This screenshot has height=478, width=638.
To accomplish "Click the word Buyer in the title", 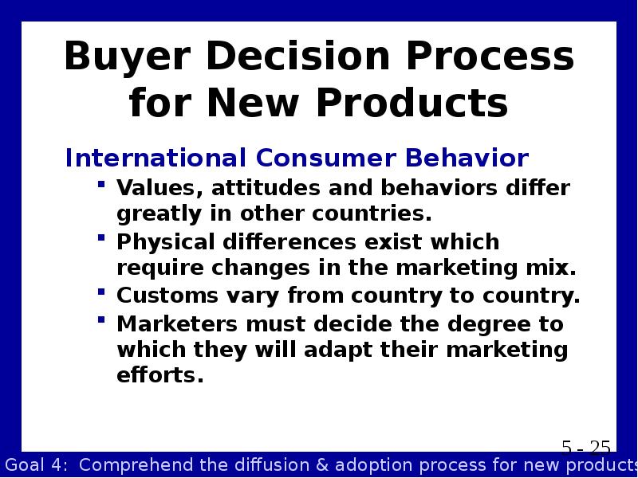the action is click(x=128, y=57).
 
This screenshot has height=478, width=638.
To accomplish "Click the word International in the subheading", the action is click(x=156, y=158).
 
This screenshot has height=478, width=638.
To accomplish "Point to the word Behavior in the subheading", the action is click(x=467, y=158).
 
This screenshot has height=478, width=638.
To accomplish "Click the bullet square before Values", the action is click(x=101, y=185).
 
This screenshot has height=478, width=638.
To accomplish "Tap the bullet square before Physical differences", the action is click(x=101, y=237).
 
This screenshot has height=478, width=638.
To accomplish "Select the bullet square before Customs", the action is click(x=101, y=292).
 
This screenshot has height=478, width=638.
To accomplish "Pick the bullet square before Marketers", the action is click(x=101, y=319).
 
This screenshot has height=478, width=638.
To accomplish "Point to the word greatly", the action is click(x=159, y=214).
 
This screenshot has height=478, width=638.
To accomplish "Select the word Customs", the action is click(x=167, y=296).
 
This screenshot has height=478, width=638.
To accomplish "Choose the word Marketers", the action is click(x=177, y=324).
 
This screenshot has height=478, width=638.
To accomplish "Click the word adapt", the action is click(x=337, y=351).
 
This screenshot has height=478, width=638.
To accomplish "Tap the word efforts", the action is click(x=160, y=374).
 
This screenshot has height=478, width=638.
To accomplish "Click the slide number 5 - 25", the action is click(x=586, y=448).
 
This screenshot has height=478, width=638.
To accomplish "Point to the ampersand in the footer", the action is click(x=322, y=465).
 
